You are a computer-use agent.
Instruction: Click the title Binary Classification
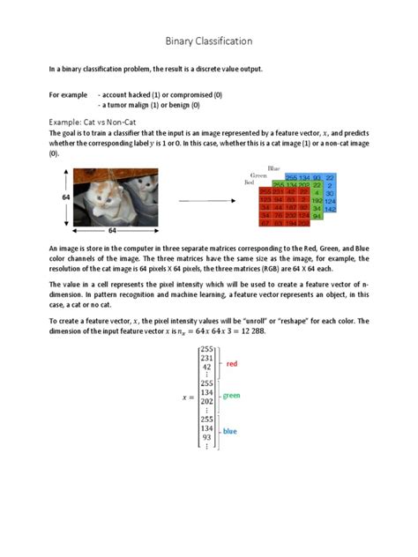pyautogui.click(x=209, y=41)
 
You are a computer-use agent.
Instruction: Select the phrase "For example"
pyautogui.click(x=68, y=94)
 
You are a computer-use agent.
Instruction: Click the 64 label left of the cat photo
pyautogui.click(x=65, y=197)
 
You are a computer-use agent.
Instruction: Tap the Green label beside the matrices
pyautogui.click(x=258, y=175)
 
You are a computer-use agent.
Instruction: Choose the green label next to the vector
pyautogui.click(x=231, y=397)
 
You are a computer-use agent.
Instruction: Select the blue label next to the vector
pyautogui.click(x=229, y=431)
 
